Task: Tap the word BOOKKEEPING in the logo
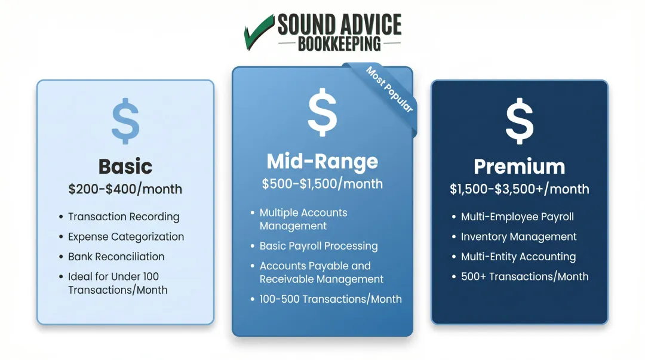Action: [339, 44]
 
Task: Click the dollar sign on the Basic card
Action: [125, 122]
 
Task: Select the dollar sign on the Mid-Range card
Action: [322, 111]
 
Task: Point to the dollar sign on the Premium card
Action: [519, 122]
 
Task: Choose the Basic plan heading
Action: [125, 166]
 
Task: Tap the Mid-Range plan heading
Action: [322, 161]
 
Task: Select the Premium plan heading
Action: [519, 166]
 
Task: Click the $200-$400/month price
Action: [125, 189]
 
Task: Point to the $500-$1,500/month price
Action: [322, 184]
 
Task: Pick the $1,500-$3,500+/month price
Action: [519, 189]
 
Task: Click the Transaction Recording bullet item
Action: [124, 217]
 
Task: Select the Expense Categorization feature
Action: [126, 237]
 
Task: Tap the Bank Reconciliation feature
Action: [116, 257]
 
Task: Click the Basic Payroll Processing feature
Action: [318, 246]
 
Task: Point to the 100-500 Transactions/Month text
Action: [330, 299]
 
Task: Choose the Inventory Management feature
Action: [518, 237]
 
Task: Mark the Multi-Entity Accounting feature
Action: [518, 257]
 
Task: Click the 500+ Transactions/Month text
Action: [524, 276]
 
